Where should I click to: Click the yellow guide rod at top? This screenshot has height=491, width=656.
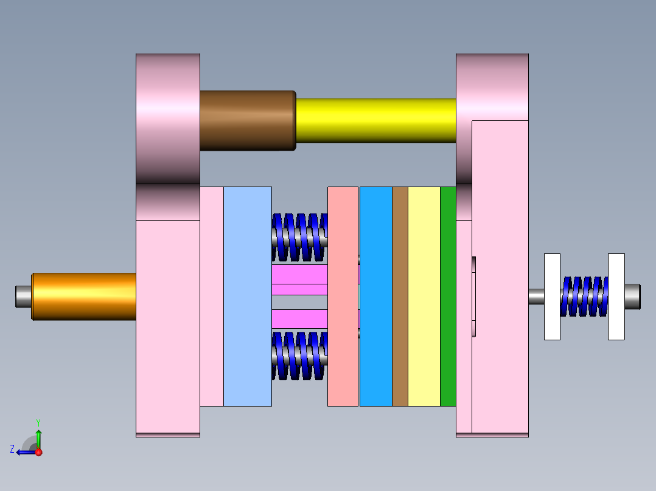tap(375, 120)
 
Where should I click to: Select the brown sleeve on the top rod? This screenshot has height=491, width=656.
tap(247, 120)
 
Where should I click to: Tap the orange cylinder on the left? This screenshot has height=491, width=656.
tap(84, 296)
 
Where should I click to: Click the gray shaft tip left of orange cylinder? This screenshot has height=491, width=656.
tap(23, 296)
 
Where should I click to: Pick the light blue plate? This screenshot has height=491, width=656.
tap(247, 296)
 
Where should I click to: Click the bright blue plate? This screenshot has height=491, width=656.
tap(375, 296)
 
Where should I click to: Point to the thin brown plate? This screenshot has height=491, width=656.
tap(400, 296)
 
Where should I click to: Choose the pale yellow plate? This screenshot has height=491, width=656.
tap(424, 296)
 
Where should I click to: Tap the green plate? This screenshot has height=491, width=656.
tap(448, 296)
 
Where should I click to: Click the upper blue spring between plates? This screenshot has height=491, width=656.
tap(299, 236)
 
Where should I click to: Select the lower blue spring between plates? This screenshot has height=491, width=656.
tap(299, 355)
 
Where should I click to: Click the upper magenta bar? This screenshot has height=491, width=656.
tap(299, 274)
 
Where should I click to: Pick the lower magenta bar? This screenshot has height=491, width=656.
tap(299, 318)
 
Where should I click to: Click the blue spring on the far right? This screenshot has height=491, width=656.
tap(584, 296)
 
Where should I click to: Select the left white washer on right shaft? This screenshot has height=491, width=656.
tap(552, 296)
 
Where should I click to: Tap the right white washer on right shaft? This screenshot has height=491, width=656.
tap(616, 296)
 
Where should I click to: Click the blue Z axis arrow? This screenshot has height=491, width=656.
tap(24, 452)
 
